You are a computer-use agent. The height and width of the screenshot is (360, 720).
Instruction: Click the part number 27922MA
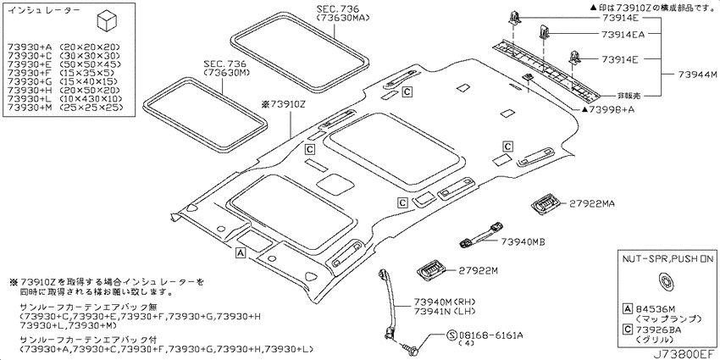coord(592,203)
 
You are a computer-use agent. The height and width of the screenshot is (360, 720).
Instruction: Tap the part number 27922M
coord(479,271)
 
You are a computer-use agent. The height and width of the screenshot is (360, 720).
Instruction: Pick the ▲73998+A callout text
coord(604,109)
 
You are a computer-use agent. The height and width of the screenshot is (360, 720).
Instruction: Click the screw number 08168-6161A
coord(487,335)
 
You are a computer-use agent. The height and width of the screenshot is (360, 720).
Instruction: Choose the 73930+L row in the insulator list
coord(64,99)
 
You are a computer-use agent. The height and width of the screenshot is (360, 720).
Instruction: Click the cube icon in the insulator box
coord(107,21)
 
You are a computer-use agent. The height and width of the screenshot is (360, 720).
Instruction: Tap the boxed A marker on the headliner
coord(240,252)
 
